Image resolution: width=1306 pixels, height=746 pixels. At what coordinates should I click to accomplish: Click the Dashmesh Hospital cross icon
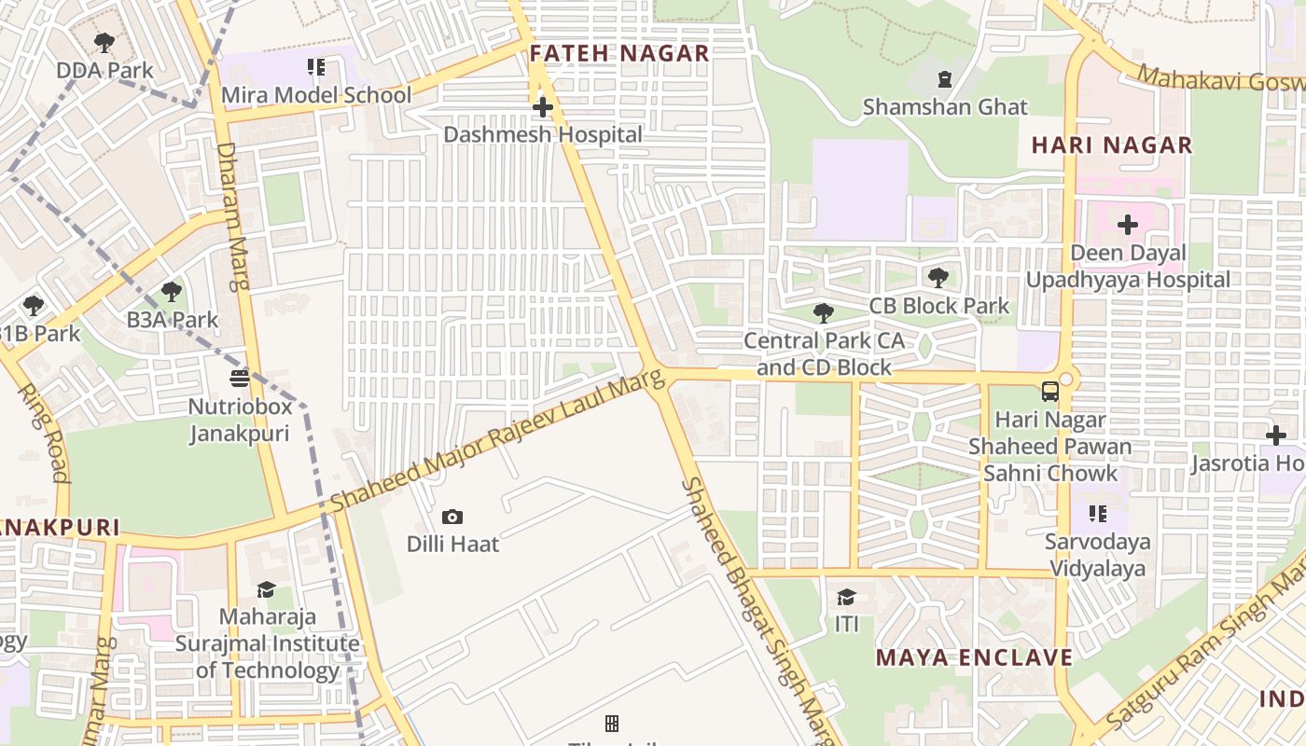tap(542, 108)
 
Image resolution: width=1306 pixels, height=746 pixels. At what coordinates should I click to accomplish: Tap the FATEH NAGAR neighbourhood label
tap(619, 54)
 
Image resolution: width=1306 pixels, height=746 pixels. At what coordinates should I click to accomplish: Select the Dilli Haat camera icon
tap(452, 517)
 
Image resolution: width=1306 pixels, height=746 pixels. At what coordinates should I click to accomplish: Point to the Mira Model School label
tap(315, 95)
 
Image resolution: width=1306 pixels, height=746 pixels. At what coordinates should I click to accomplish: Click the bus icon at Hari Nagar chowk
tap(1050, 392)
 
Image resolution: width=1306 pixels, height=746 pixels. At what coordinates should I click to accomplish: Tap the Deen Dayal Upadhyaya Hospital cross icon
tap(1128, 225)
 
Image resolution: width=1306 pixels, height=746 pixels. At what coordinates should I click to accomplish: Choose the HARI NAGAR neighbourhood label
tap(1112, 145)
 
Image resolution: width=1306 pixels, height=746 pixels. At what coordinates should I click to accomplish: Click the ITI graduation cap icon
tap(846, 597)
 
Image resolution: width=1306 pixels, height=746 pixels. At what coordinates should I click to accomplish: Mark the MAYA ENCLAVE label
tap(974, 657)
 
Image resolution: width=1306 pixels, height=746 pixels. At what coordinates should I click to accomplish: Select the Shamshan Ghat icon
tap(945, 79)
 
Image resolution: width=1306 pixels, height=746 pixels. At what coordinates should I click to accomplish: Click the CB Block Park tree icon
tap(938, 277)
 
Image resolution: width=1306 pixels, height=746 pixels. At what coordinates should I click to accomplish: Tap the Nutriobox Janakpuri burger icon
tap(240, 379)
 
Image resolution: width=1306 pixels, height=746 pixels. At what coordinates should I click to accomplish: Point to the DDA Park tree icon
tap(104, 43)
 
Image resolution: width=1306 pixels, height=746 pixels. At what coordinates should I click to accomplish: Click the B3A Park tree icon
tap(172, 292)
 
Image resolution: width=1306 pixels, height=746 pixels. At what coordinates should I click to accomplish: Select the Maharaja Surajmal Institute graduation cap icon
tap(266, 589)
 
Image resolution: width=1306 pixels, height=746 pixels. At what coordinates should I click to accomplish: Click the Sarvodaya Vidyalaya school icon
tap(1098, 514)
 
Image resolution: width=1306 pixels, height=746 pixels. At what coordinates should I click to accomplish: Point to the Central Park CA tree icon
tap(823, 313)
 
